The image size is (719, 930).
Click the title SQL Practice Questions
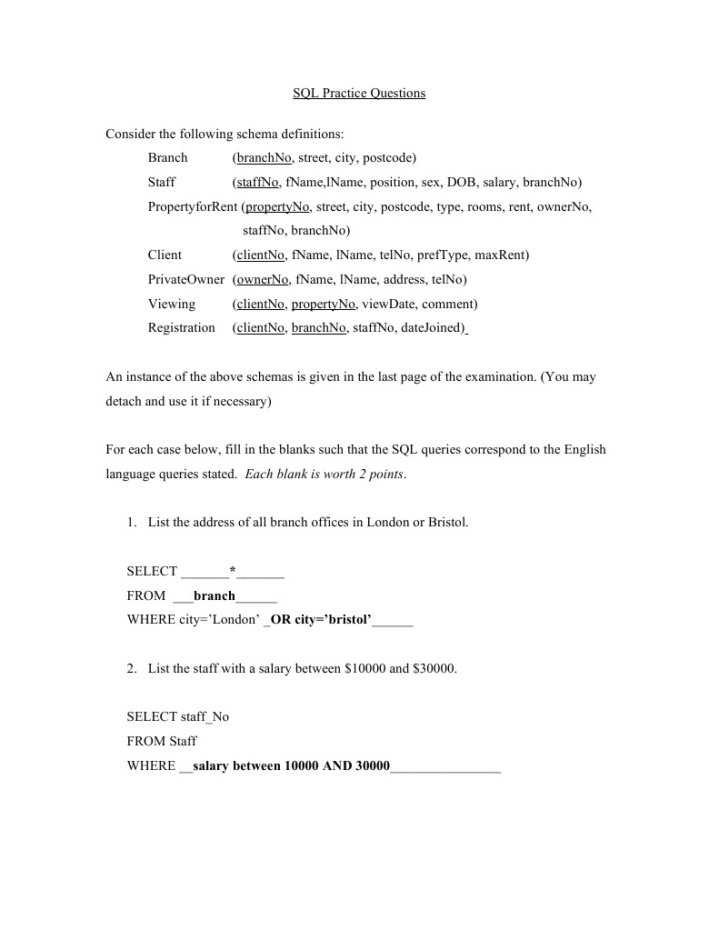point(359,94)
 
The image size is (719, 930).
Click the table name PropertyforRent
point(193,206)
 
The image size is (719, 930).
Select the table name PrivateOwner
point(185,279)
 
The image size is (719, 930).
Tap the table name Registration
point(182,327)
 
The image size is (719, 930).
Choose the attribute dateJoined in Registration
point(432,327)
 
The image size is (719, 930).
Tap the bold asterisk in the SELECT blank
point(233,572)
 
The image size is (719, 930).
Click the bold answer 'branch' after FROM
point(215,596)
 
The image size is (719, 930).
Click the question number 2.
point(132,669)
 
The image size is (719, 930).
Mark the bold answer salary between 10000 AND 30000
point(291,766)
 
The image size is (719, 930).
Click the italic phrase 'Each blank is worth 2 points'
point(325,474)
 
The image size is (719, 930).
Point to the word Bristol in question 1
point(444,523)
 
